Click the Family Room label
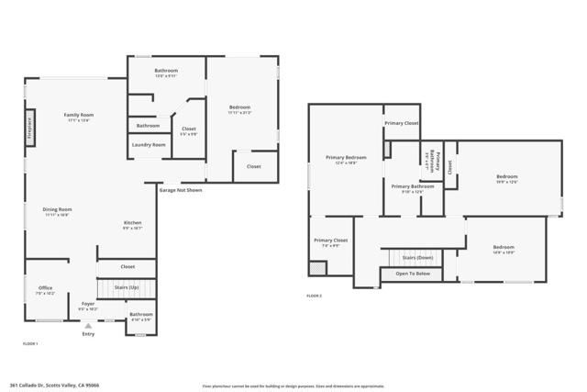pyautogui.click(x=79, y=115)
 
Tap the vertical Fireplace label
pyautogui.click(x=29, y=128)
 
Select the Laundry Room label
pyautogui.click(x=149, y=144)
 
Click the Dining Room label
pyautogui.click(x=57, y=209)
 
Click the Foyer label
pyautogui.click(x=88, y=303)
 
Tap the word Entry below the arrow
pyautogui.click(x=88, y=334)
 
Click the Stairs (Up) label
pyautogui.click(x=126, y=287)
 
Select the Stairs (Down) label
pyautogui.click(x=418, y=258)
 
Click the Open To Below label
pyautogui.click(x=413, y=274)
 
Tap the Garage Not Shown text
pyautogui.click(x=181, y=190)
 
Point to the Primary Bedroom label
pyautogui.click(x=340, y=157)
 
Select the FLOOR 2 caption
pyautogui.click(x=315, y=296)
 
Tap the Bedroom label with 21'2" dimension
pyautogui.click(x=239, y=107)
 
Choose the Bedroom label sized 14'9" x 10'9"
pyautogui.click(x=503, y=247)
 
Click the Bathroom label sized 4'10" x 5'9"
pyautogui.click(x=140, y=314)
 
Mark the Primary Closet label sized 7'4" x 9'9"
pyautogui.click(x=330, y=241)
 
